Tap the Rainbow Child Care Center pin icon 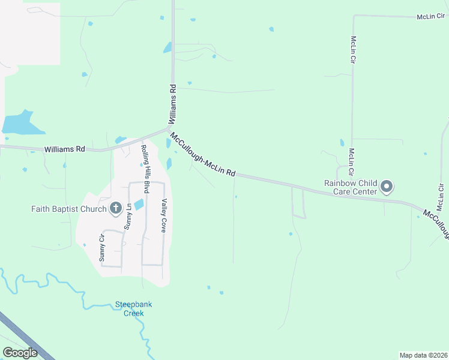click(387, 187)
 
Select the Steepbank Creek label click(133, 308)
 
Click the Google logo click(20, 353)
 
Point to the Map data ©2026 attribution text click(423, 355)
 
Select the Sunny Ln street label click(127, 217)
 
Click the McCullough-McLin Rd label click(202, 154)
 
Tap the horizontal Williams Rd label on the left click(64, 148)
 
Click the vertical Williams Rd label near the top click(172, 104)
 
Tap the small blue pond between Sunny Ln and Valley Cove click(139, 205)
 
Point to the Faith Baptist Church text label click(69, 209)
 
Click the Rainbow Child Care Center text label click(351, 187)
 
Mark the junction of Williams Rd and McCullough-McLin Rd click(168, 129)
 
